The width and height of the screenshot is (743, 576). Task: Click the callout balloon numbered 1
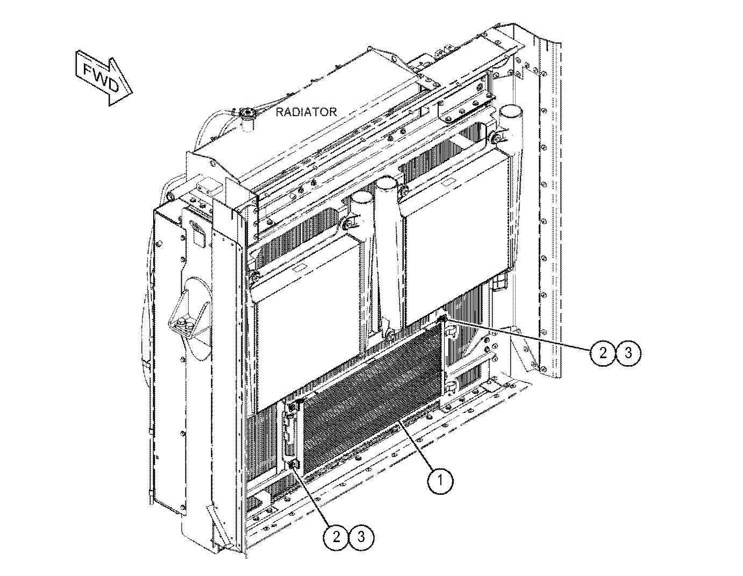point(440,481)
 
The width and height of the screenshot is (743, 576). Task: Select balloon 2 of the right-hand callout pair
point(603,353)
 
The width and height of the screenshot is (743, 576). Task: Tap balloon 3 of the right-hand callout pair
point(628,353)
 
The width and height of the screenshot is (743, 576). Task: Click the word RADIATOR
point(306,112)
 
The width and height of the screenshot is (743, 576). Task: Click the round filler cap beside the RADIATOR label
point(246,112)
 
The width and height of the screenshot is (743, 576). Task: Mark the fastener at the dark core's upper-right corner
point(442,319)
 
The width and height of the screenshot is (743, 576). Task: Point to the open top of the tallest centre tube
point(387,182)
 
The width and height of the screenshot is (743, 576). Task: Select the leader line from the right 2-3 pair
point(518,334)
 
